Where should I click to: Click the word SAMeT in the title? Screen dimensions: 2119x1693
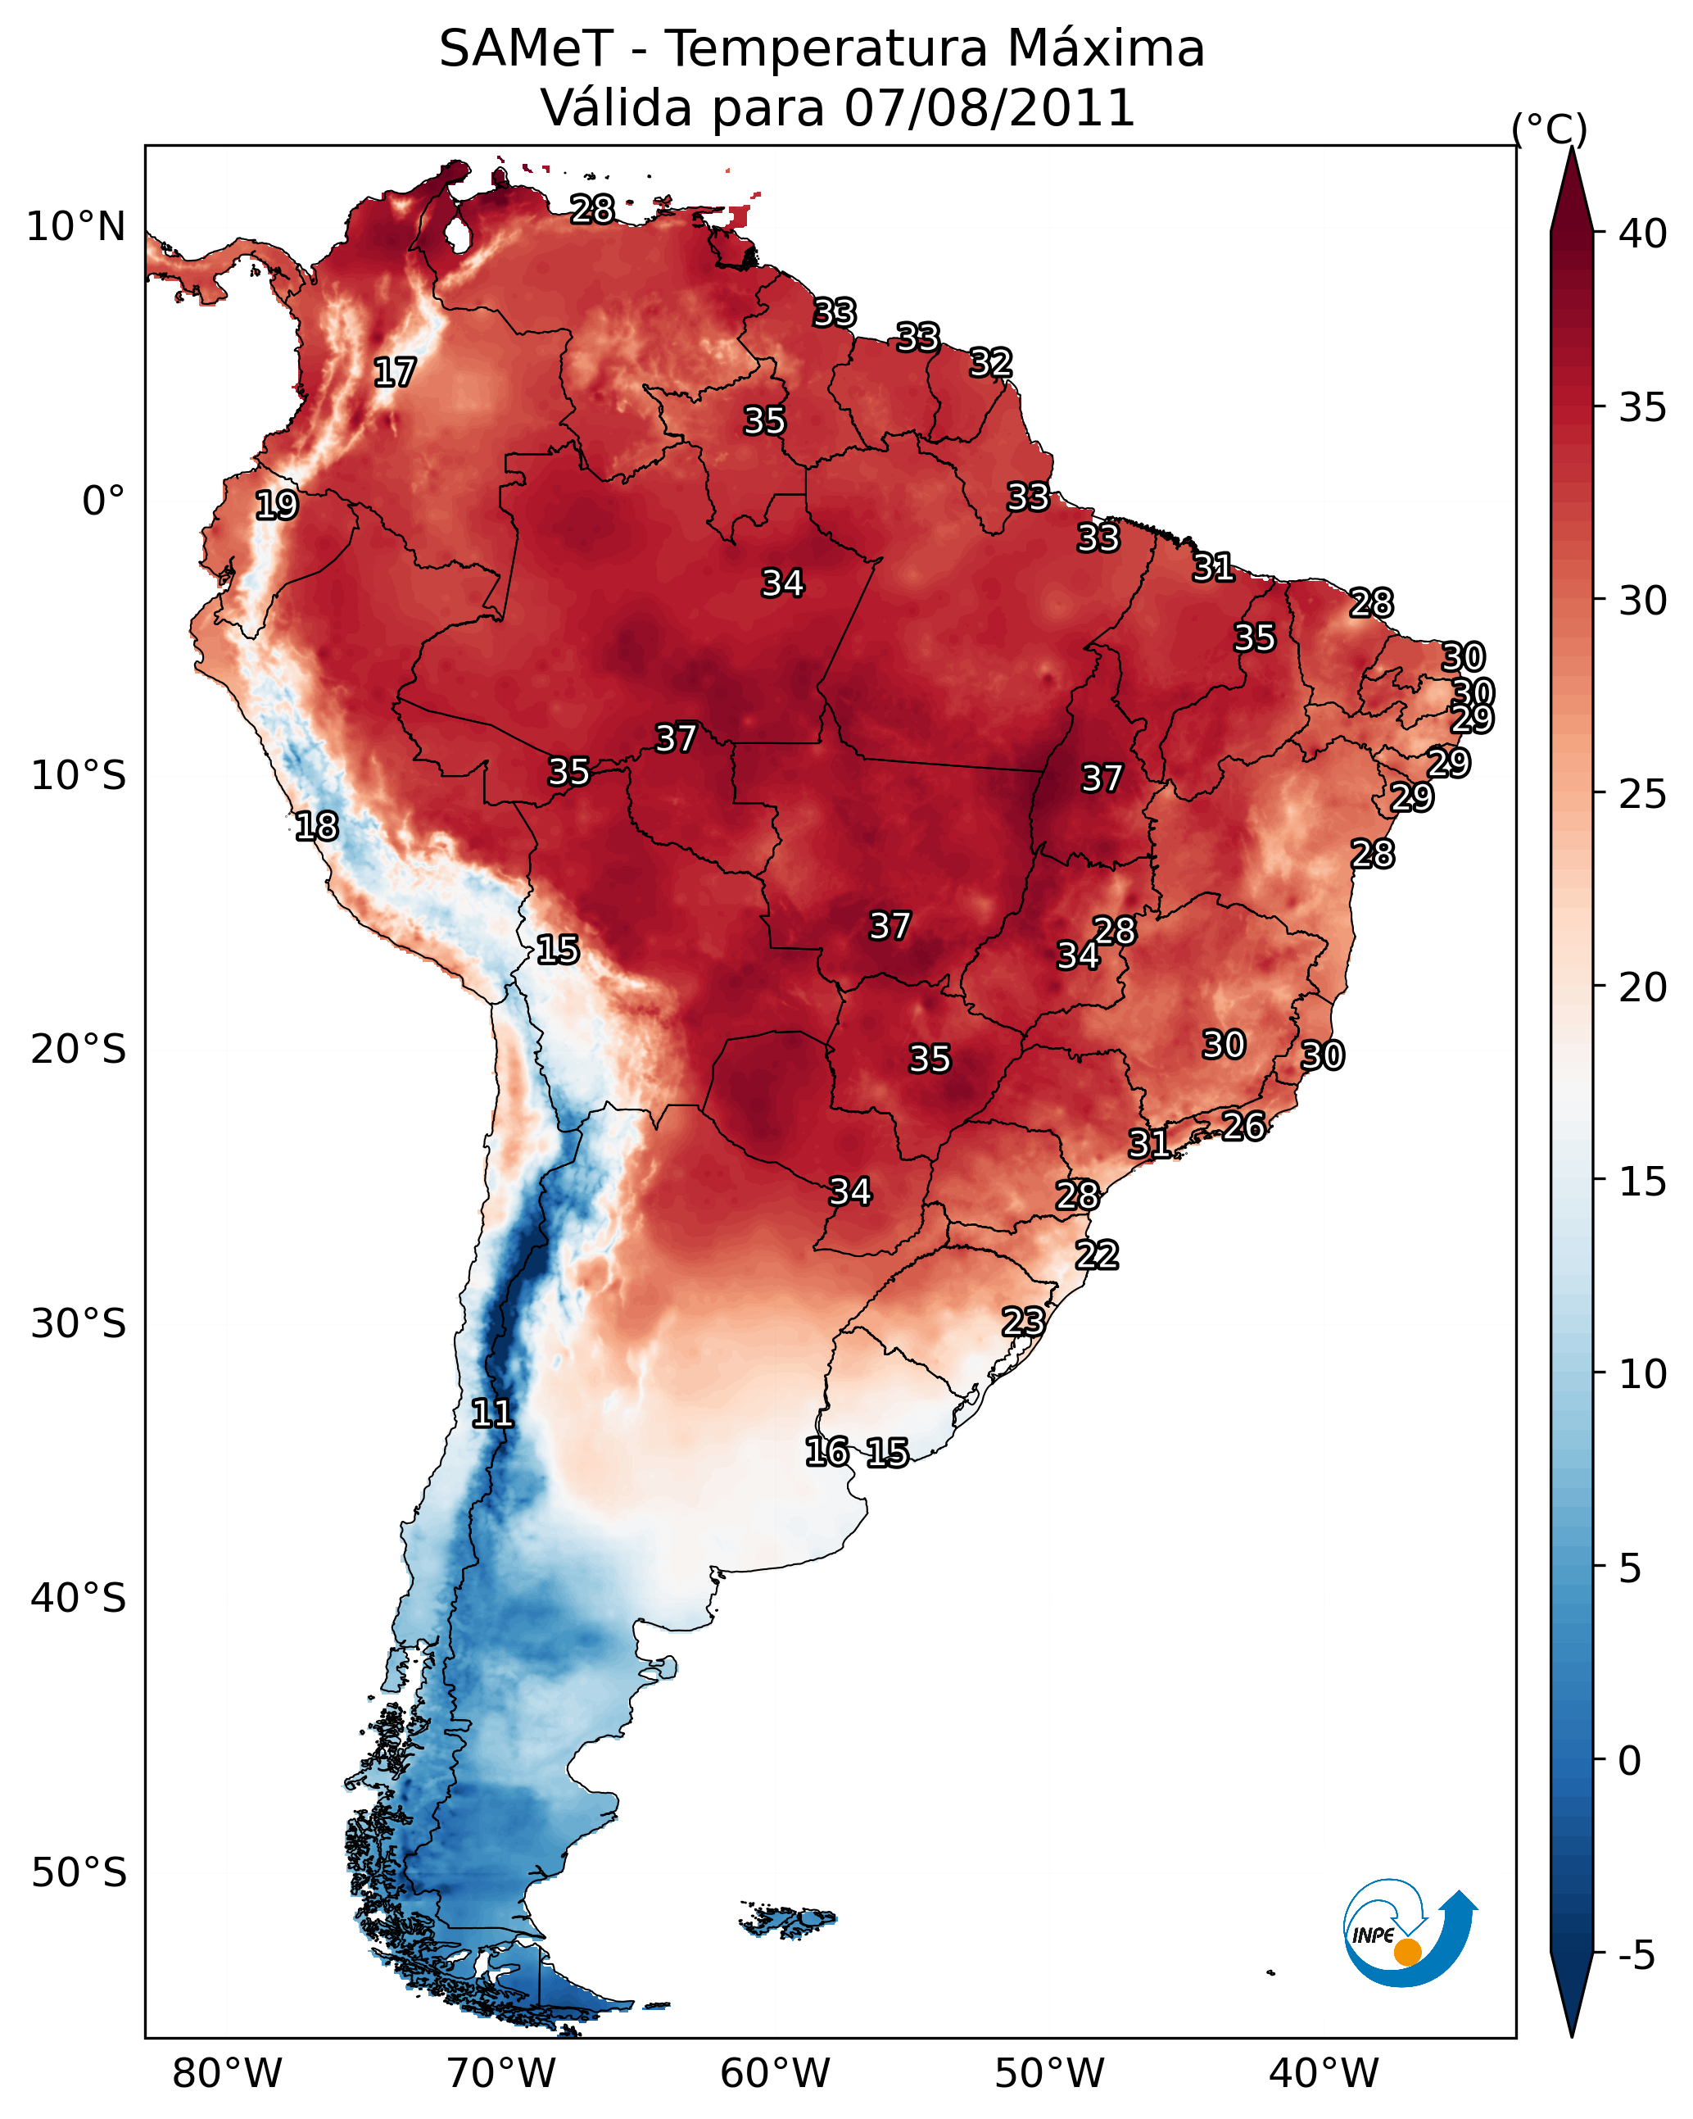(525, 49)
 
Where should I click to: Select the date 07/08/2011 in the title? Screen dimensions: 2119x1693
(989, 108)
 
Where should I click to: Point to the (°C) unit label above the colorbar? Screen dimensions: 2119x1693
(1549, 129)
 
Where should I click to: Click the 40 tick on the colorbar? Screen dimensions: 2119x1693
(1642, 234)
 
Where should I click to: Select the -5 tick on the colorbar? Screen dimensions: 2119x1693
(1636, 1956)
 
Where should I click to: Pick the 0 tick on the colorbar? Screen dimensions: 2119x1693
(1629, 1761)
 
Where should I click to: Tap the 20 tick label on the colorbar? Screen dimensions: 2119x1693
(1642, 987)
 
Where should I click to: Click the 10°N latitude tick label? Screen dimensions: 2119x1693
(75, 227)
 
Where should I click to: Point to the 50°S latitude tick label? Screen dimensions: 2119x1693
(79, 1873)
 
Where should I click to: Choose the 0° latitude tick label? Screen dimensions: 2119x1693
(103, 501)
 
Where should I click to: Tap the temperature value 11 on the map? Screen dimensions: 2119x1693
(492, 1413)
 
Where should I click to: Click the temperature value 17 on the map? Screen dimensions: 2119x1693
(395, 373)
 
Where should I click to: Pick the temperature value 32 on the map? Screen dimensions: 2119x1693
(990, 363)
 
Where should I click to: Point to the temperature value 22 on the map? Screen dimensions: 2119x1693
(1097, 1255)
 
